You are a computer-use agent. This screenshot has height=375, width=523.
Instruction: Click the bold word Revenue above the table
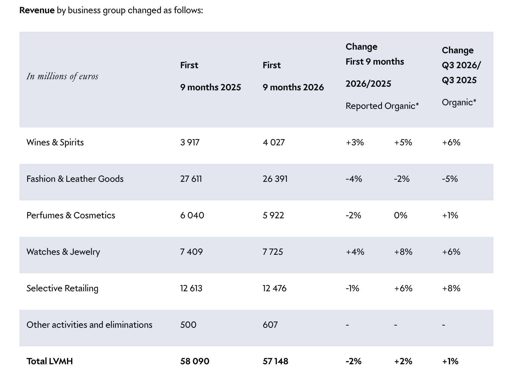click(37, 10)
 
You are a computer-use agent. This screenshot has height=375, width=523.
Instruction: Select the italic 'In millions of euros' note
click(62, 76)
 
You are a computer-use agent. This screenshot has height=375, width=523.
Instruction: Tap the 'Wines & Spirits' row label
click(55, 142)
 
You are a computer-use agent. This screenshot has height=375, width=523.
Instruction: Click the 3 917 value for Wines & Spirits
click(190, 142)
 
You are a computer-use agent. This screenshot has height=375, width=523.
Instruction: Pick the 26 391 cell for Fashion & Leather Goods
click(275, 179)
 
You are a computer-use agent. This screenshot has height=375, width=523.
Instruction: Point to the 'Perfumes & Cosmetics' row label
click(71, 215)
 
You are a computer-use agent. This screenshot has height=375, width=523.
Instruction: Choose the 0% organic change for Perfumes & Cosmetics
click(400, 215)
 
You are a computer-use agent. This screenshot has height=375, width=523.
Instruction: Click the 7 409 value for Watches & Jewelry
click(191, 252)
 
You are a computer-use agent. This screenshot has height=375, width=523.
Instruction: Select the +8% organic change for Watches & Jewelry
click(403, 252)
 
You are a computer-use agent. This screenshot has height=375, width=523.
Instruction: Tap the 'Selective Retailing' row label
click(62, 288)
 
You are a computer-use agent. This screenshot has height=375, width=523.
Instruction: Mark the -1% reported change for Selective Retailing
click(352, 288)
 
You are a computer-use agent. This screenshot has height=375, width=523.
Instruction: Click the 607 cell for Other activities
click(270, 325)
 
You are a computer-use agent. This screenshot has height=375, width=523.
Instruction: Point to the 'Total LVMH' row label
click(50, 361)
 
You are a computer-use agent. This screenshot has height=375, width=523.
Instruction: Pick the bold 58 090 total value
click(195, 361)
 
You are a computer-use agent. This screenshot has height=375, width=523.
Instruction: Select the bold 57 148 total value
click(276, 361)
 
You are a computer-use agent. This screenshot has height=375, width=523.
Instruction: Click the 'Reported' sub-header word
click(364, 106)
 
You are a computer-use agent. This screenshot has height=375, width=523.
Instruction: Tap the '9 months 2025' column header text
click(211, 87)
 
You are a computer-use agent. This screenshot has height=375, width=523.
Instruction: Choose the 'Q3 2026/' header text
click(461, 65)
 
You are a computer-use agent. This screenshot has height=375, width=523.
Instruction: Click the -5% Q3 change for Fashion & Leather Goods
click(450, 179)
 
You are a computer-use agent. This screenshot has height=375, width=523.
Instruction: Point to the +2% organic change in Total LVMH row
click(403, 361)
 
